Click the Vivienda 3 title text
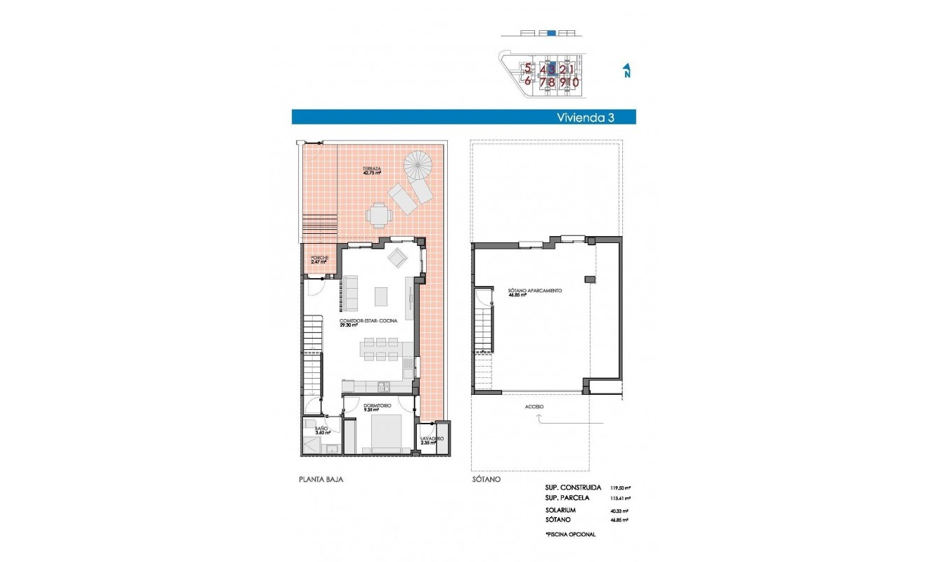[x=585, y=117]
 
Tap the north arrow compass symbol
[x=626, y=70]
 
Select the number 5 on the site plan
[x=527, y=69]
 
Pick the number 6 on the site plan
[x=527, y=81]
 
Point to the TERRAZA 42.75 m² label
[x=372, y=171]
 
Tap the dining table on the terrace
[x=378, y=214]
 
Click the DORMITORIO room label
[x=377, y=407]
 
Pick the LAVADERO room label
[x=432, y=440]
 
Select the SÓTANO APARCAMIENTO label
[x=535, y=292]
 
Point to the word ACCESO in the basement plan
[x=534, y=407]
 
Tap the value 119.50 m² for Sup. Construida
[x=619, y=487]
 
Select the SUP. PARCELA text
[x=572, y=497]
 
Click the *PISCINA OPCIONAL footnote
[x=569, y=535]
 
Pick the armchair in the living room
[x=397, y=258]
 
